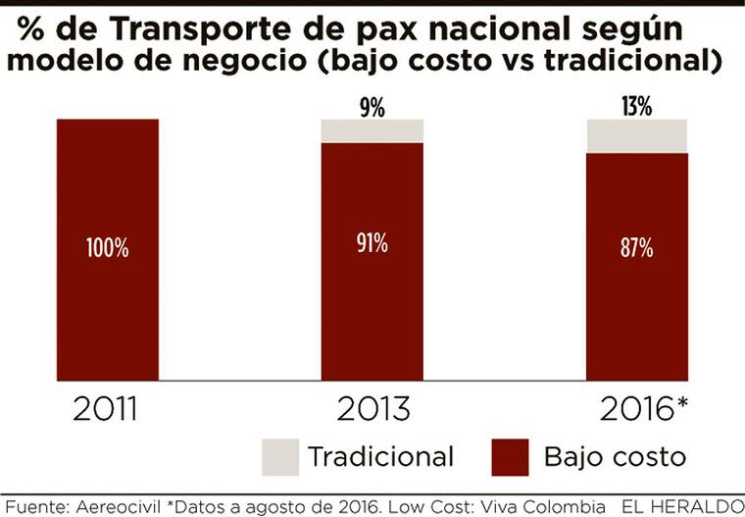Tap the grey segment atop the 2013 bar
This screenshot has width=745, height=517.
coord(372,130)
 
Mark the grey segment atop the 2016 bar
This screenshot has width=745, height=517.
coord(636,135)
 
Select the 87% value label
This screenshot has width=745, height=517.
coord(636,248)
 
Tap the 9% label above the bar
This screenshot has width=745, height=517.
coord(372,107)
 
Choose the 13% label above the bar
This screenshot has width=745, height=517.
coord(636,107)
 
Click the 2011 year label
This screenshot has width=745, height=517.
coord(108,409)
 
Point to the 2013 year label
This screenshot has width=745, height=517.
coord(372,409)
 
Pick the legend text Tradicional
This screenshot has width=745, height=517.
coord(380,456)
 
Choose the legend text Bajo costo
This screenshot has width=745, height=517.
coord(615,456)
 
